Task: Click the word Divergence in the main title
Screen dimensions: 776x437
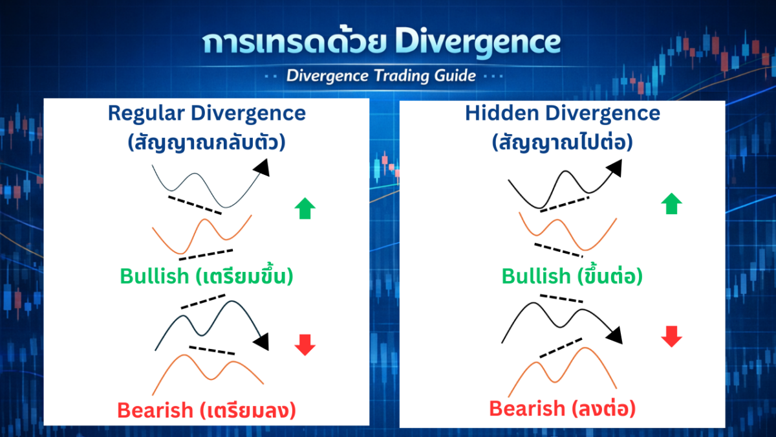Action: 478,42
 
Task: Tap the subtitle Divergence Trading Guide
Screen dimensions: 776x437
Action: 381,76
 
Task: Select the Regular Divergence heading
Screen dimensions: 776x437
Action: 207,113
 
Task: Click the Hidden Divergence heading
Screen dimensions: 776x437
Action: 563,113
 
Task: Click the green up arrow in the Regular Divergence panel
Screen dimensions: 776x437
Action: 305,208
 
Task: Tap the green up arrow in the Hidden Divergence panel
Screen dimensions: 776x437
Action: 671,203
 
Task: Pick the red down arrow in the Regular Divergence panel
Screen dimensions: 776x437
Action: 305,345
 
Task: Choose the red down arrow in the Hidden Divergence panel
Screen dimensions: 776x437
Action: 671,337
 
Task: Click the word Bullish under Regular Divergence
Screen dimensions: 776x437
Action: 155,276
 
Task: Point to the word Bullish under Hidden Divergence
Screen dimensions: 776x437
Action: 536,276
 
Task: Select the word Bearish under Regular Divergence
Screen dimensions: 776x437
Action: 155,410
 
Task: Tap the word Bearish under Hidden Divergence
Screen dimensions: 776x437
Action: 527,409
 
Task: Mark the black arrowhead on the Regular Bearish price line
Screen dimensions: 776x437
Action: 263,342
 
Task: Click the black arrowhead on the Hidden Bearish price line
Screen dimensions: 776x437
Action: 615,336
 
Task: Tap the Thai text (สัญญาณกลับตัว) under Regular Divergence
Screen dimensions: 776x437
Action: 207,143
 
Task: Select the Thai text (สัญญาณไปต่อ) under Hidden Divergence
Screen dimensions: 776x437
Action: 563,143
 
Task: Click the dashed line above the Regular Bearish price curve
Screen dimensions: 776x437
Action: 203,302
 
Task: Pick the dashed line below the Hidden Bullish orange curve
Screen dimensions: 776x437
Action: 559,250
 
